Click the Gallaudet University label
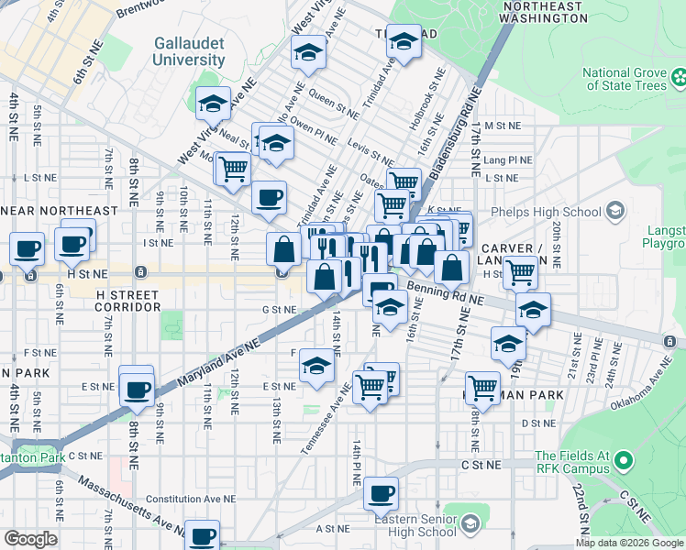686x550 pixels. coord(189,51)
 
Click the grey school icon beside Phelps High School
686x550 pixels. coord(615,212)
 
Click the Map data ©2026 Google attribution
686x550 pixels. coord(629,543)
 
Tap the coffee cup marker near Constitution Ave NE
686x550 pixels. coord(381,494)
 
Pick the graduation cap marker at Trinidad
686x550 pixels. coord(403,40)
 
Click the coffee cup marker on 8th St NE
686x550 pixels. coord(137,389)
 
